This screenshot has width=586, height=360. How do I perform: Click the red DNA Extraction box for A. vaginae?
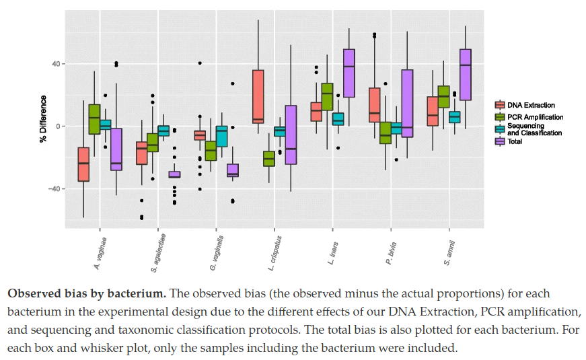[x=83, y=164]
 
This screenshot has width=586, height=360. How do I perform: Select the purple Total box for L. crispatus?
[x=291, y=135]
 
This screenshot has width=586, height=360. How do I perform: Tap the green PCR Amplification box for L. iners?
[x=327, y=97]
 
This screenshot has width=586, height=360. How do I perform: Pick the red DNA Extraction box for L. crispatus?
[x=258, y=96]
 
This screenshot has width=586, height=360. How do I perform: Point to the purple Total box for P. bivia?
[x=407, y=104]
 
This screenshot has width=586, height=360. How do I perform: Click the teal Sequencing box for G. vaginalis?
[x=221, y=137]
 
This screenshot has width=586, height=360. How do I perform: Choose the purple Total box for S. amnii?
[x=465, y=75]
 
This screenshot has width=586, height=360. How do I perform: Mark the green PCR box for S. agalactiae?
[x=153, y=143]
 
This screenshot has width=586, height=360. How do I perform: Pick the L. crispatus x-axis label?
[x=272, y=252]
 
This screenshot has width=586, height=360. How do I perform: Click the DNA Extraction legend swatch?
[x=499, y=105]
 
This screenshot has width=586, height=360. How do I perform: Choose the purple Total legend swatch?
[x=499, y=141]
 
